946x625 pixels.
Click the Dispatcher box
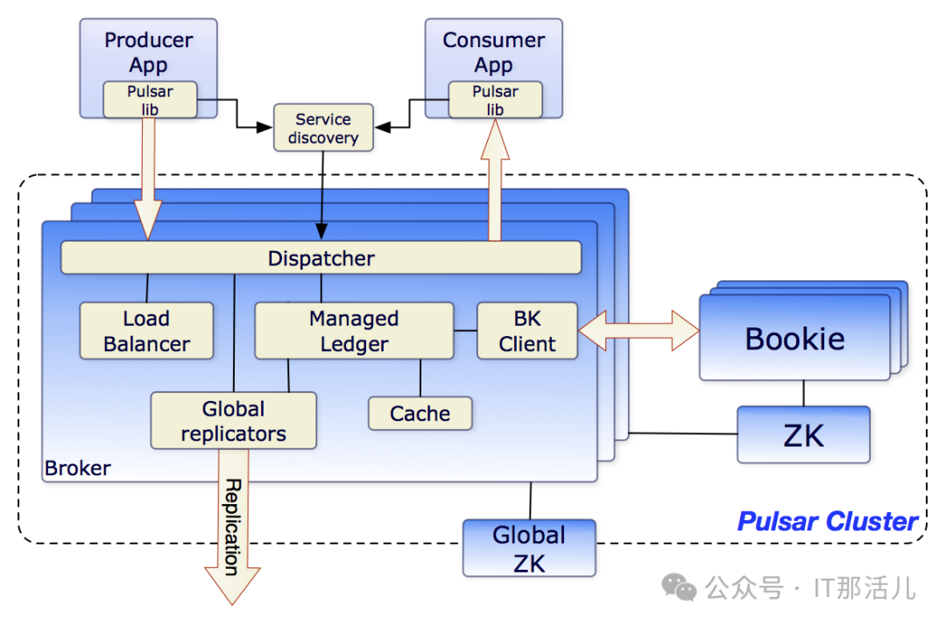coord(321,258)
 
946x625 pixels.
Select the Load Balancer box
coord(146,331)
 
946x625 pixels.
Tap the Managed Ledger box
coord(354,331)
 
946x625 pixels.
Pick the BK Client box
coord(527,331)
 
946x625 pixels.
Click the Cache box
coord(420,413)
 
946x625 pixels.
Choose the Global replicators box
coord(233,421)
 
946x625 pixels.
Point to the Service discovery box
coord(323,129)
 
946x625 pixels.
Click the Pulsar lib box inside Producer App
coord(150,100)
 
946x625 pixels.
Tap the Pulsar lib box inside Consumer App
coord(495,100)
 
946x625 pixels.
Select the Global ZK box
coord(529,548)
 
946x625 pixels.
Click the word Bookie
coord(794,339)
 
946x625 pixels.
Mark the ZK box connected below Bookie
coord(803,434)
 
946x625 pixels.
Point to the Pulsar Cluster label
coord(828,522)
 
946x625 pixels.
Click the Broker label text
coord(78,468)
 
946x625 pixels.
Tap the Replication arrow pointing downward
coord(232,543)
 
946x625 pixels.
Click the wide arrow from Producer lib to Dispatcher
coord(148,179)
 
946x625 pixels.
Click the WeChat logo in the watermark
coord(679,586)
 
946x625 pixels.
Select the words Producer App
coord(148,52)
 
